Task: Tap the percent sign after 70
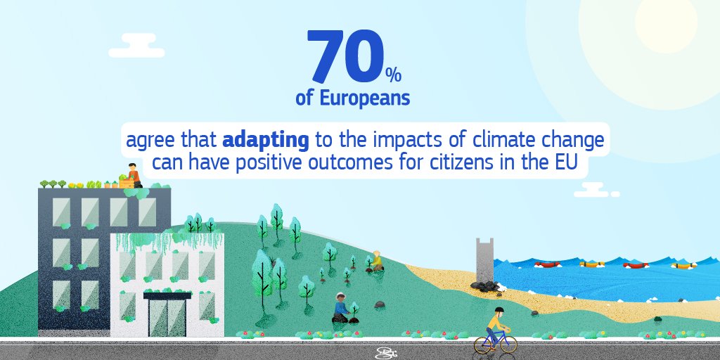click(x=392, y=73)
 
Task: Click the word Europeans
click(x=364, y=98)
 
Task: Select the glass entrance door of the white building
click(x=167, y=316)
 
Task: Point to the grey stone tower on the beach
click(x=484, y=261)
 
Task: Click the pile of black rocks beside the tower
click(x=486, y=286)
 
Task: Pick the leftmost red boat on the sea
click(x=547, y=264)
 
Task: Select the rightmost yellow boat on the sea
click(x=683, y=266)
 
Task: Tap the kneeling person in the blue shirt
click(x=341, y=308)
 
